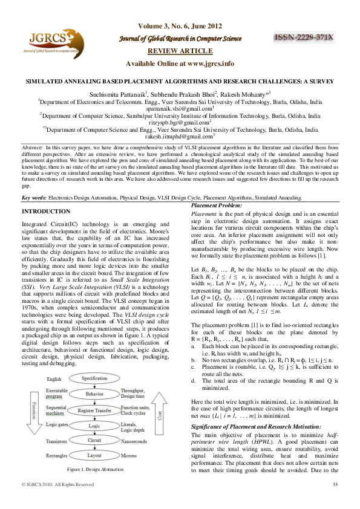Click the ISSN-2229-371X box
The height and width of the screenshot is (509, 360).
click(304, 37)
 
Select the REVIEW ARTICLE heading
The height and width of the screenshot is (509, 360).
click(179, 51)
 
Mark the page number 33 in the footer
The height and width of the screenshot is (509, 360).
click(335, 501)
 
